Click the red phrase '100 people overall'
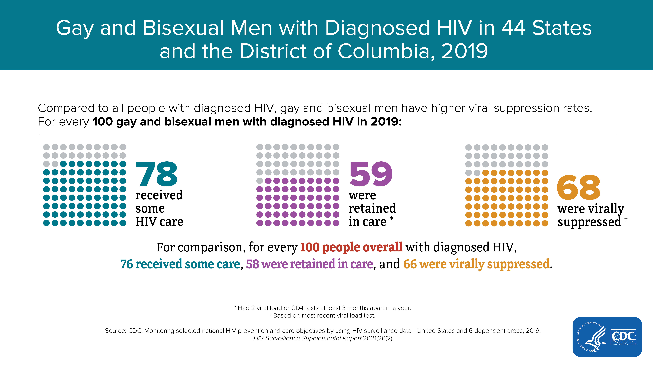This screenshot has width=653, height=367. coord(351,247)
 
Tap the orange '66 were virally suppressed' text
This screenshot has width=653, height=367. coord(476,264)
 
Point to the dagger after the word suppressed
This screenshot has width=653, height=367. coord(626,219)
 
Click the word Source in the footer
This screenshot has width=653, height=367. coord(115,331)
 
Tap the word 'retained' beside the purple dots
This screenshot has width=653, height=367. coord(372,208)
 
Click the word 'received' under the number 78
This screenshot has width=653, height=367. coord(159,195)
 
